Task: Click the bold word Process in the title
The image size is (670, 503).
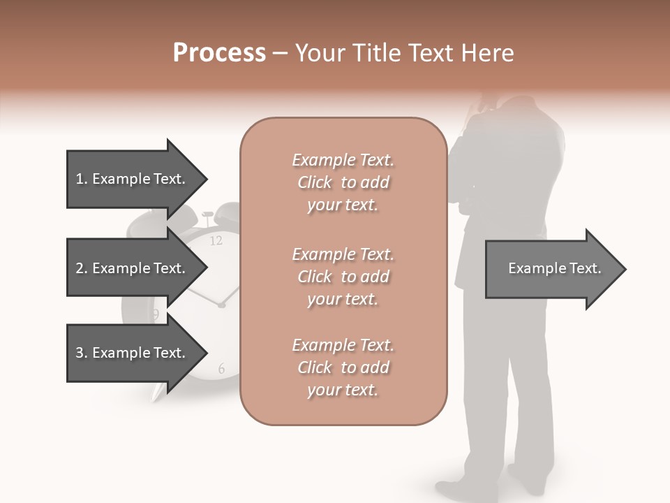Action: pyautogui.click(x=219, y=52)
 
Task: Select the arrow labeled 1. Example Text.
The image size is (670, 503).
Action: pyautogui.click(x=133, y=179)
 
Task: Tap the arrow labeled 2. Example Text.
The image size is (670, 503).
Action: pyautogui.click(x=133, y=268)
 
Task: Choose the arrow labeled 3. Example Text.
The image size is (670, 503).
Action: pyautogui.click(x=133, y=353)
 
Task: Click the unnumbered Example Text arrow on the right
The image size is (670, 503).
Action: pyautogui.click(x=555, y=269)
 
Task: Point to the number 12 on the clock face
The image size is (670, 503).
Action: pyautogui.click(x=216, y=241)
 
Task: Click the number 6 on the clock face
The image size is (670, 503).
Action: pyautogui.click(x=221, y=369)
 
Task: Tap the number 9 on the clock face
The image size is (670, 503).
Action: pyautogui.click(x=155, y=315)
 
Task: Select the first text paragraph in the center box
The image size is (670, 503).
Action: pyautogui.click(x=343, y=182)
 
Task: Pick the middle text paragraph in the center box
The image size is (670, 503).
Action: pyautogui.click(x=343, y=277)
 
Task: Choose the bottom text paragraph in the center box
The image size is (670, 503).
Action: pyautogui.click(x=343, y=367)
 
